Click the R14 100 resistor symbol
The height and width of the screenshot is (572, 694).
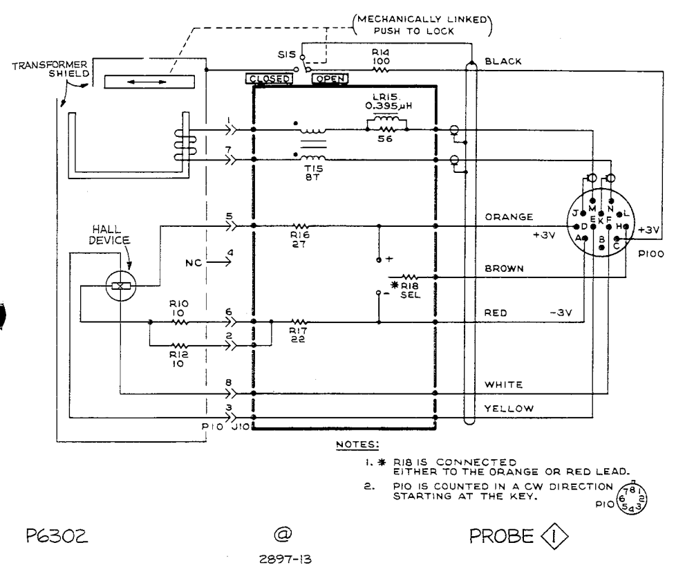381,70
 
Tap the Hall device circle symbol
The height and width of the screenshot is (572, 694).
121,286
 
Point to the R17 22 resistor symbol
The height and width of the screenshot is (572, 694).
299,322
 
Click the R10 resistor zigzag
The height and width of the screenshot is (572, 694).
179,322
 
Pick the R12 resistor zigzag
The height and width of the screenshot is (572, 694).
179,345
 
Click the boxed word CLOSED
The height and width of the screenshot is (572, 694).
269,79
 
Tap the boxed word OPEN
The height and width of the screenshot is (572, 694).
330,79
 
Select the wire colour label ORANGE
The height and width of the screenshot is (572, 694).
509,217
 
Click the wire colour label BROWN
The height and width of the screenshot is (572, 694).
504,268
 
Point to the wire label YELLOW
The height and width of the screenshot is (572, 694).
509,408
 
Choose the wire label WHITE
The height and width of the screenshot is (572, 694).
504,385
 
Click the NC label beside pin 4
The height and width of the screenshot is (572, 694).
194,263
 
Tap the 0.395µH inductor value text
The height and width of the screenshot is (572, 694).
388,107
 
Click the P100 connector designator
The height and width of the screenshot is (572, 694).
650,254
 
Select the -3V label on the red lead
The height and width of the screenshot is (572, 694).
561,313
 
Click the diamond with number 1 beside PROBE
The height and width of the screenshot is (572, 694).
554,537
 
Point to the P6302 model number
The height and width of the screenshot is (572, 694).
57,536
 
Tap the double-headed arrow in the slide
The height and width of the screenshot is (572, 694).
147,82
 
